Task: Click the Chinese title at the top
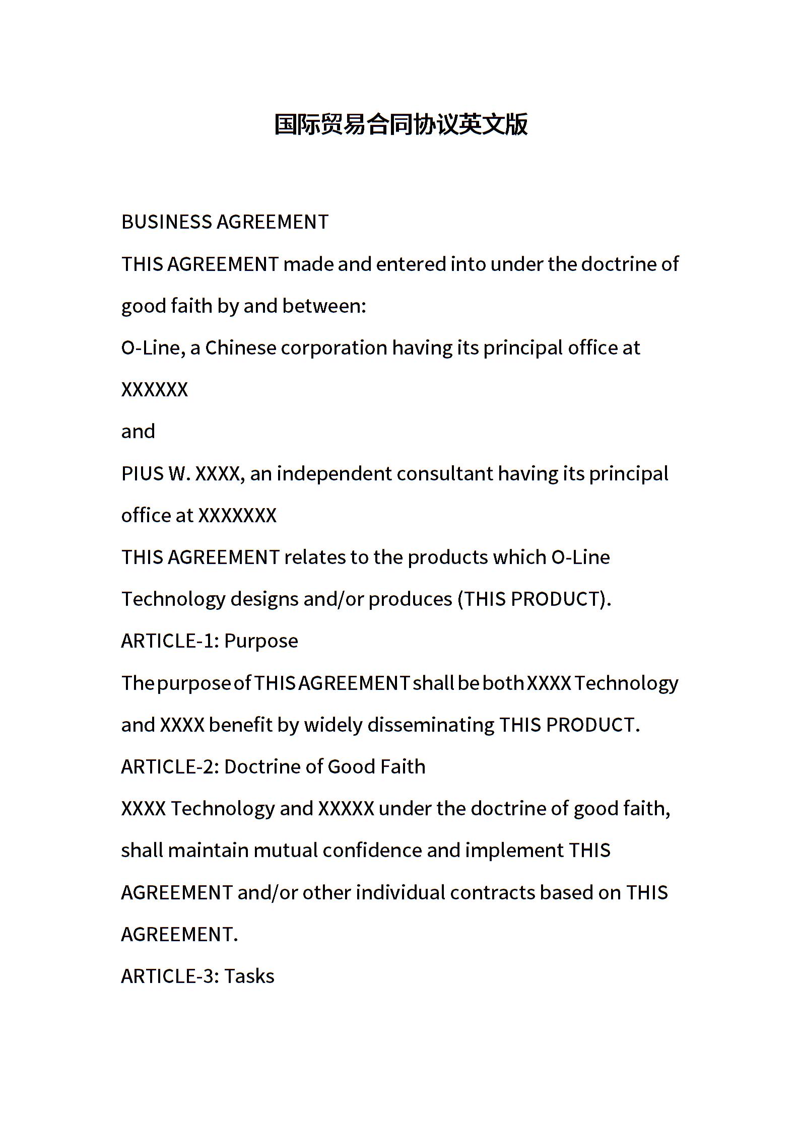(x=401, y=124)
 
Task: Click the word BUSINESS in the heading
(x=166, y=222)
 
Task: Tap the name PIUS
(x=143, y=474)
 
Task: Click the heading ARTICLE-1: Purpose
(x=210, y=641)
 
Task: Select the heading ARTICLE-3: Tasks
(x=197, y=976)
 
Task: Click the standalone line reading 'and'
(x=138, y=432)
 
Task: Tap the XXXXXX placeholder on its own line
(x=155, y=390)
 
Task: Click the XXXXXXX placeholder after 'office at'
(x=237, y=516)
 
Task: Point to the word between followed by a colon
(x=323, y=306)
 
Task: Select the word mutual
(x=285, y=851)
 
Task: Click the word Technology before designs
(x=173, y=599)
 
